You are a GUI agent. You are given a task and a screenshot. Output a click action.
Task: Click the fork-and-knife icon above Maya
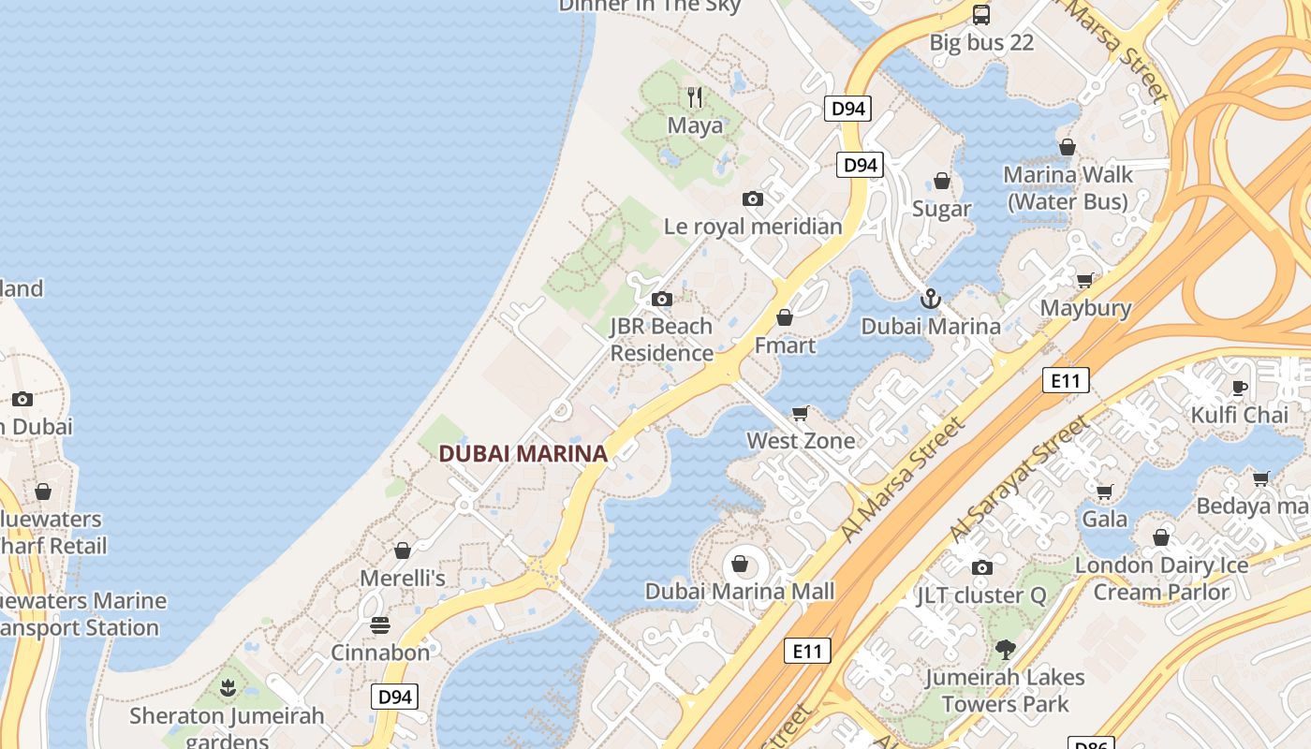[695, 96]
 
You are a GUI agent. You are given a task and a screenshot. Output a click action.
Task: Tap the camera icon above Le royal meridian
[752, 198]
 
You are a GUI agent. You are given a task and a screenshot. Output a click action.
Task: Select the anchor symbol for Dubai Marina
[931, 299]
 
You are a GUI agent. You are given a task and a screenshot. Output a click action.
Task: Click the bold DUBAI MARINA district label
[523, 454]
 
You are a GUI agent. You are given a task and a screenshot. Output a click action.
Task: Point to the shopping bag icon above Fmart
[785, 318]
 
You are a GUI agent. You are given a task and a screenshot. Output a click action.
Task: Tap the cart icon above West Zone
[801, 413]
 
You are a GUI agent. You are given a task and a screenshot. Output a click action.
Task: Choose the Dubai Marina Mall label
[740, 592]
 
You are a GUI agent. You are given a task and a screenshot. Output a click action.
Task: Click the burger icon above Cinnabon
[380, 624]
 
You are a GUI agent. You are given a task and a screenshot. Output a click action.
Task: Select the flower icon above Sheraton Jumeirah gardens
[227, 689]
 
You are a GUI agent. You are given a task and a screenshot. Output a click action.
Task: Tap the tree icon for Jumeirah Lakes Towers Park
[1005, 649]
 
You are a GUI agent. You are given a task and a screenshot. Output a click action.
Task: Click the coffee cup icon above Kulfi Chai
[1240, 388]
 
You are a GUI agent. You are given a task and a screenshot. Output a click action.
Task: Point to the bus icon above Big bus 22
[981, 15]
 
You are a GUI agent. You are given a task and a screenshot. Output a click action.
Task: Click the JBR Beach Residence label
[662, 340]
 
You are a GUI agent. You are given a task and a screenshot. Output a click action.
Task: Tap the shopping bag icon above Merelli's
[403, 551]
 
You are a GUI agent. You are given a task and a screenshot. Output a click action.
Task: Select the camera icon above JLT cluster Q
[981, 567]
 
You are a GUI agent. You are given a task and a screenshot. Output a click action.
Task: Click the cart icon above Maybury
[1085, 280]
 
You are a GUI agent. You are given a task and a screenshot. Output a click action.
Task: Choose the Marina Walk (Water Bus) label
[1068, 187]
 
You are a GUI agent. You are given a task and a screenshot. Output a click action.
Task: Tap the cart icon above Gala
[1105, 491]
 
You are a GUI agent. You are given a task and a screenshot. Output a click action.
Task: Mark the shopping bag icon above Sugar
[942, 181]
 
